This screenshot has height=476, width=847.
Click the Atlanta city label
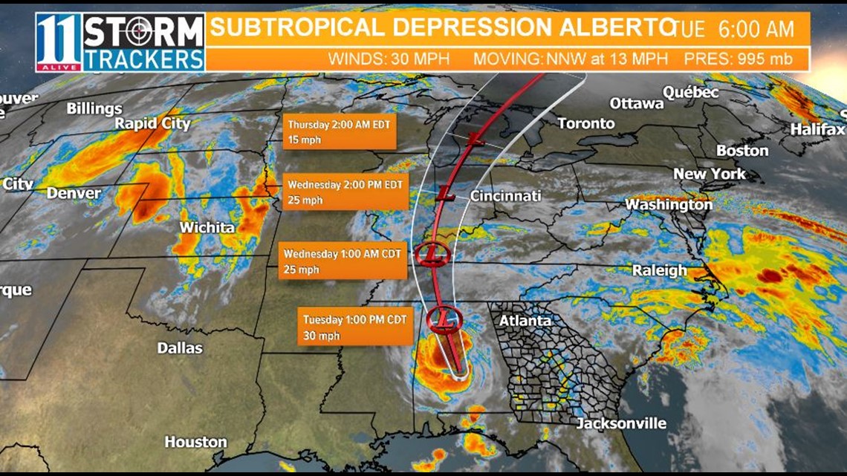525,321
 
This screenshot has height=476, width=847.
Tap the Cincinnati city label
505,196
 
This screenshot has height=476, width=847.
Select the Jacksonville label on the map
621,424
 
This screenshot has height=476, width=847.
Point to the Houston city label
195,442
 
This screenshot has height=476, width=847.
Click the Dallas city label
180,348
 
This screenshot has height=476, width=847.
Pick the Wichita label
208,227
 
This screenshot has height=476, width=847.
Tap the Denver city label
74,193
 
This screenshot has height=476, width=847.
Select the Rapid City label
152,123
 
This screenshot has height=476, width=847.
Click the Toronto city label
586,123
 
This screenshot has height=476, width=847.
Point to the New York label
710,174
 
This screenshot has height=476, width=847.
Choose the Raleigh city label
659,270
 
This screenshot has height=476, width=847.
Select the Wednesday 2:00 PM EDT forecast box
345,192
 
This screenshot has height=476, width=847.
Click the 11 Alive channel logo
59,42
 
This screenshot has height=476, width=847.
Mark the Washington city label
669,204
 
